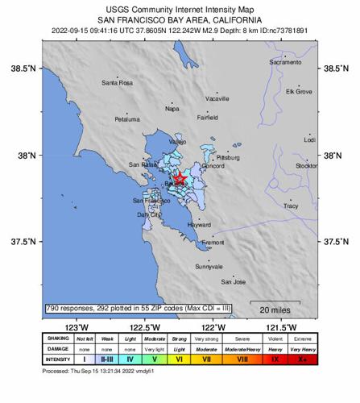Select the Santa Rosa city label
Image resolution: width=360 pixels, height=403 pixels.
coord(117,83)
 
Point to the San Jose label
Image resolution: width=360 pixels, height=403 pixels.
coord(234,282)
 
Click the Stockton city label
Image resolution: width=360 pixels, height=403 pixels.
coord(308,165)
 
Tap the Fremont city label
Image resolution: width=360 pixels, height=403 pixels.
coord(213,242)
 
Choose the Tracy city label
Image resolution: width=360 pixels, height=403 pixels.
coord(291,206)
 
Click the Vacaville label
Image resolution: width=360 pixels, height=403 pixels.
coord(217,98)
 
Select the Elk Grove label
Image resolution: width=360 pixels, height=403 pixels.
coord(299,92)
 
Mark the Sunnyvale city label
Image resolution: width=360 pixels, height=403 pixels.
coord(209,266)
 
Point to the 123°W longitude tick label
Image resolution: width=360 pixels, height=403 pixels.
coord(77,327)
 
